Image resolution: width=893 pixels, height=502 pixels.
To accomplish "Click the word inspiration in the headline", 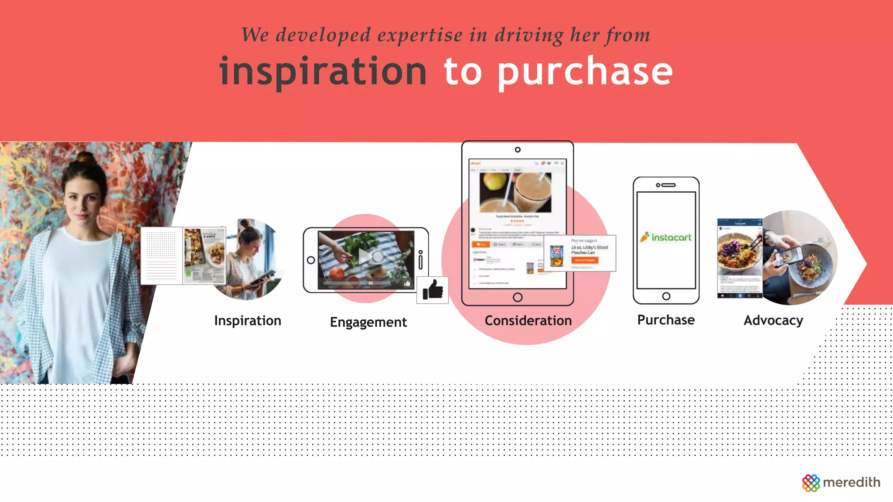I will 323,72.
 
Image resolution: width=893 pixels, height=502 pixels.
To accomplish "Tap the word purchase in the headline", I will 585,72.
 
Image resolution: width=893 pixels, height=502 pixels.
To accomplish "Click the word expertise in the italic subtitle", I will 419,35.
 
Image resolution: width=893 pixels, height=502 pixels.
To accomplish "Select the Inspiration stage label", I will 248,321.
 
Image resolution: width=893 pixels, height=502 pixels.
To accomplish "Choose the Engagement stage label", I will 368,322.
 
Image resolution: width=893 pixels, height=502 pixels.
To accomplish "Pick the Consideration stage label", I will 528,321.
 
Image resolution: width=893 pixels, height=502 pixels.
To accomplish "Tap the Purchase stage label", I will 666,320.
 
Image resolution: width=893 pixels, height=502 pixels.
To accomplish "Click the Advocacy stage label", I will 773,320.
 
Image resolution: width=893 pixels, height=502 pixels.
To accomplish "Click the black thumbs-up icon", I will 433,290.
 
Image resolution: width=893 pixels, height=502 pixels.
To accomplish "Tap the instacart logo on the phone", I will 666,237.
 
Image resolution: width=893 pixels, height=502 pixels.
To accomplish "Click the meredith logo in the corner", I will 841,482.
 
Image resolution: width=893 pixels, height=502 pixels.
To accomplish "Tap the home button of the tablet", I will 518,297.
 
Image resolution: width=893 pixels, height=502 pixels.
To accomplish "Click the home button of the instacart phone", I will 666,296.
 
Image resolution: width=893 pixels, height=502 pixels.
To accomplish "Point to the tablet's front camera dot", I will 518,149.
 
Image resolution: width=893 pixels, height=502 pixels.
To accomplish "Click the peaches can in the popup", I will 556,256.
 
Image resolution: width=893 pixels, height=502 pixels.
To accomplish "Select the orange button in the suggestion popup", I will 585,260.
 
